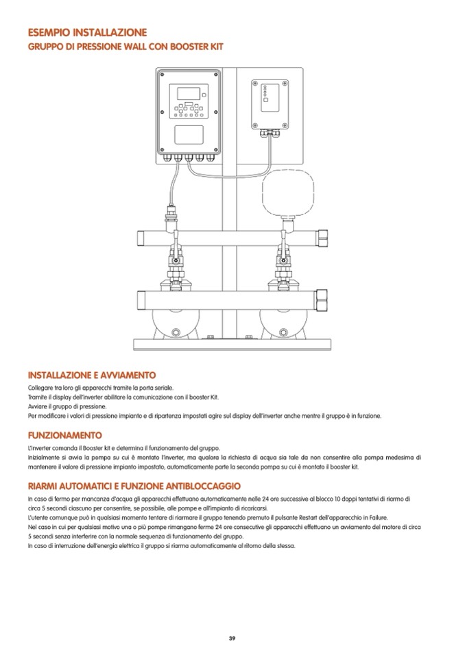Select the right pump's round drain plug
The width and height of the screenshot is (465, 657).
tap(284, 328)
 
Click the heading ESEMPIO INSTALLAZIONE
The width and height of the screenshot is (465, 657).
tap(87, 32)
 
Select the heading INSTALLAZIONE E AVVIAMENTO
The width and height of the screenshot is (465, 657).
tap(91, 375)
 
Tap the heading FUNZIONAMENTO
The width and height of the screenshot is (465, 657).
tap(64, 435)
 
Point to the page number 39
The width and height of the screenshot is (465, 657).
tap(232, 639)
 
